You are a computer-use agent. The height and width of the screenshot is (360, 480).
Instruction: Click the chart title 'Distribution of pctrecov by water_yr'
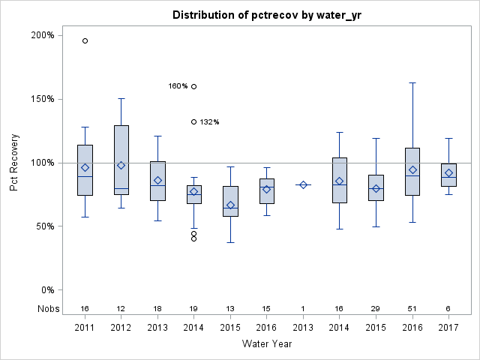267,15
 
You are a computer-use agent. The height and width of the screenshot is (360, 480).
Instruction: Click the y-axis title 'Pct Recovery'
15,163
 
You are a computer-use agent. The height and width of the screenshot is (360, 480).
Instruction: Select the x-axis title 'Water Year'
267,343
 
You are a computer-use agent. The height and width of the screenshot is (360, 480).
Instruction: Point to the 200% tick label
42,35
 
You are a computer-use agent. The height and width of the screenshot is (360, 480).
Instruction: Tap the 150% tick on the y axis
42,99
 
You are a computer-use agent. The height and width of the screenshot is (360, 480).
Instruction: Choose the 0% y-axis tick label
46,290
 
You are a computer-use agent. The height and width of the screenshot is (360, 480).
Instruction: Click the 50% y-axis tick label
44,226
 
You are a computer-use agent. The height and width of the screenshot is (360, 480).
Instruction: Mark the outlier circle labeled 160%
194,86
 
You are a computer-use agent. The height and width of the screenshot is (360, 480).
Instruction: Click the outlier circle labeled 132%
194,121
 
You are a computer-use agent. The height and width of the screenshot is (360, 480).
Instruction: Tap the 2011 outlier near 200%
85,41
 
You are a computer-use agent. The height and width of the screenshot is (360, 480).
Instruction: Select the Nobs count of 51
412,308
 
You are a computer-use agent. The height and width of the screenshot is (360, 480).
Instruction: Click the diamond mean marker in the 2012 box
121,165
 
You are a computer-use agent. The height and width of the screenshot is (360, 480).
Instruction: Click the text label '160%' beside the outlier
178,86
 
